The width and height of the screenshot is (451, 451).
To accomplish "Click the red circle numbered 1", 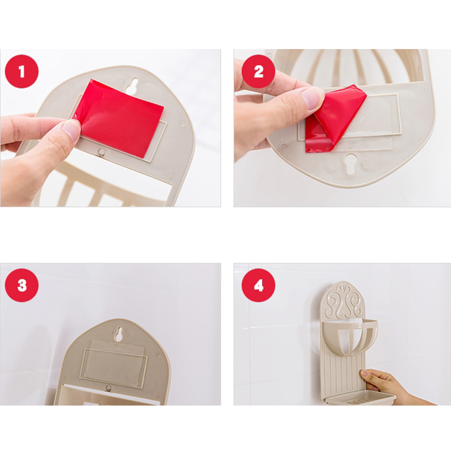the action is pos(22,71).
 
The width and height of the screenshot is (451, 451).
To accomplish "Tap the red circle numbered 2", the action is pos(258,71).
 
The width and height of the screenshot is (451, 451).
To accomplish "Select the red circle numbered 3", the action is pos(22,285).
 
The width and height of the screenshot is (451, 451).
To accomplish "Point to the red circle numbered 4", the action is pos(258,285).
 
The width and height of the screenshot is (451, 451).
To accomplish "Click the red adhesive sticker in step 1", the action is pos(119,118).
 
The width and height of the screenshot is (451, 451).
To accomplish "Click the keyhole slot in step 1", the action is pos(132,86).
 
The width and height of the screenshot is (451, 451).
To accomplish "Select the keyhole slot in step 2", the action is pos(350,163).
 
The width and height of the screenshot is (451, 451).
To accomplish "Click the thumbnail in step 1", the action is pos(71,130).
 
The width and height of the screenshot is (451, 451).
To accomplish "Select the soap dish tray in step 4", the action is pos(360,398).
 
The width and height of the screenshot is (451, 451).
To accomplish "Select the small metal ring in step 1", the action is pos(101,152).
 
